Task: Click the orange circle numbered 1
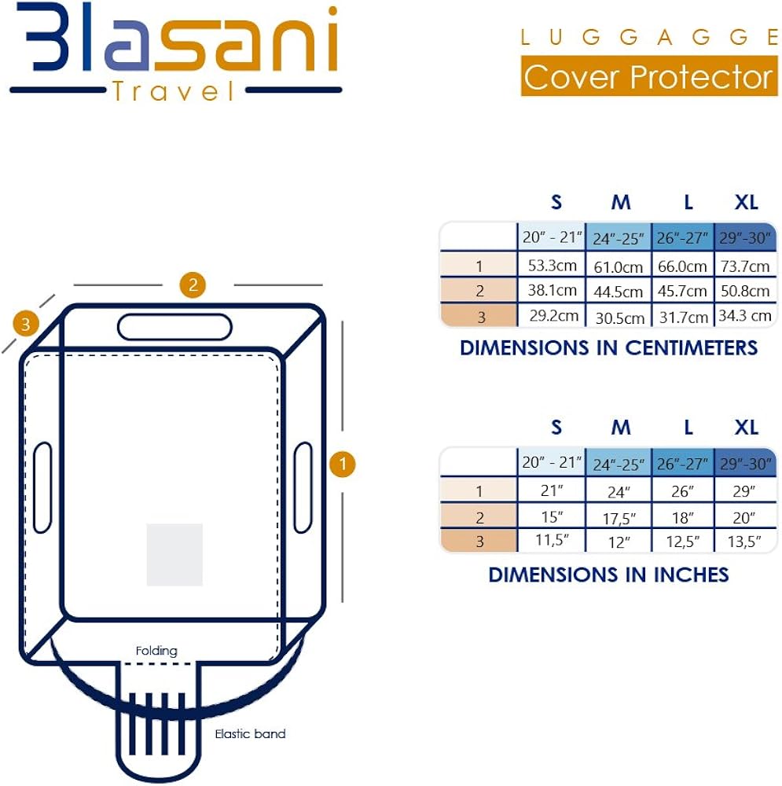pyautogui.click(x=342, y=465)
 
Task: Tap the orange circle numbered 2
pyautogui.click(x=193, y=284)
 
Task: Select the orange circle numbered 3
pyautogui.click(x=27, y=323)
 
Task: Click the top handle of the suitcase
pyautogui.click(x=174, y=326)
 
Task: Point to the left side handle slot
pyautogui.click(x=42, y=487)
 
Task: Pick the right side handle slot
pyautogui.click(x=303, y=487)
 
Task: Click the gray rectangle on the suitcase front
pyautogui.click(x=174, y=554)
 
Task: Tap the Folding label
pyautogui.click(x=156, y=651)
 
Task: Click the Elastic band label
pyautogui.click(x=250, y=734)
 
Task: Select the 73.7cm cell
pyautogui.click(x=744, y=266)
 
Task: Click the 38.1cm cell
pyautogui.click(x=552, y=291)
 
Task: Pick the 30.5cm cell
pyautogui.click(x=619, y=318)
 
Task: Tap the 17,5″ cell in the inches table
pyautogui.click(x=619, y=518)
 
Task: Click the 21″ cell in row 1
pyautogui.click(x=552, y=491)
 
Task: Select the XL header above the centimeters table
pyautogui.click(x=746, y=203)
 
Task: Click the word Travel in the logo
pyautogui.click(x=174, y=93)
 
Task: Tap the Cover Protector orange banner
pyautogui.click(x=648, y=77)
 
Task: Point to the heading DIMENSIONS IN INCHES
pyautogui.click(x=608, y=575)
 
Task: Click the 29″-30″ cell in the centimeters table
pyautogui.click(x=744, y=237)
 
